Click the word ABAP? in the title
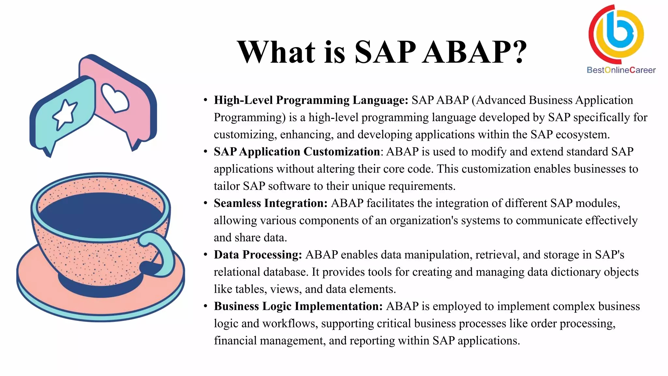(475, 52)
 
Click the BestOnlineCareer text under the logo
(621, 70)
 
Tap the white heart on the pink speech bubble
(115, 98)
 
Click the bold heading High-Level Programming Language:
(311, 100)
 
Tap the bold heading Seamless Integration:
(270, 203)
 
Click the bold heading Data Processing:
(258, 255)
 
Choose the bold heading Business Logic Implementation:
(298, 306)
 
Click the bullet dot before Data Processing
(205, 255)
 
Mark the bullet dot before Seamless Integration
(205, 203)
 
